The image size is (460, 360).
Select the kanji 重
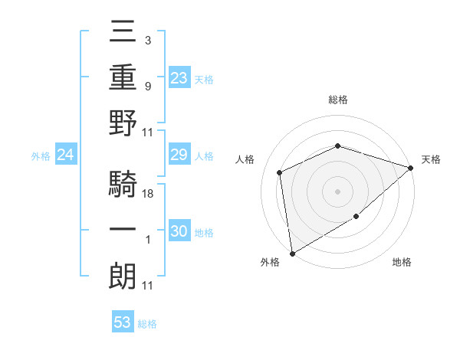point(123,77)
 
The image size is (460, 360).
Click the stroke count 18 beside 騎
point(149,194)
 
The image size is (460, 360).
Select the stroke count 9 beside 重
point(147,86)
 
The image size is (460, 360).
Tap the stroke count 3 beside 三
point(147,38)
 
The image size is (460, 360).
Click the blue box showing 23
point(179,77)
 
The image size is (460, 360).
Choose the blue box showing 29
point(179,155)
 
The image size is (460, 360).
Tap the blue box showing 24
point(65,155)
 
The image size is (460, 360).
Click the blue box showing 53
point(123,322)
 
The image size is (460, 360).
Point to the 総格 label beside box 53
point(148,324)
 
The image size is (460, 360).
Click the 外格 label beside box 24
point(41,156)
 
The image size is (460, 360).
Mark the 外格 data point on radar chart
point(291,253)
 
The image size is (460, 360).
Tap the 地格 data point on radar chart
point(356,217)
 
